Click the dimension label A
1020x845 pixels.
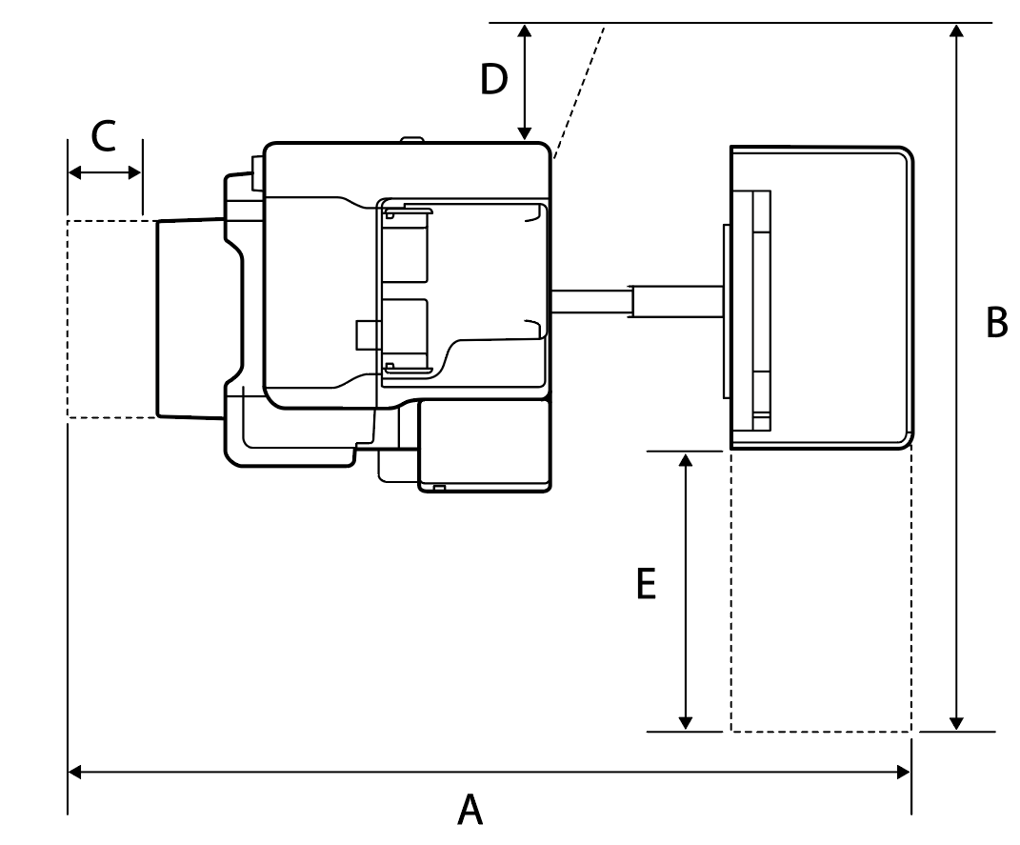click(470, 811)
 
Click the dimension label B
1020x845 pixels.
click(996, 323)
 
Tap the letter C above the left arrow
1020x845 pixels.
click(104, 137)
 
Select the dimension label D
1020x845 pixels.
click(493, 80)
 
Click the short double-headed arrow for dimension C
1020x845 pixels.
click(105, 172)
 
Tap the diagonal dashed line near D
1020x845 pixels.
click(579, 91)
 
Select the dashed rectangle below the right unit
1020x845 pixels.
click(821, 591)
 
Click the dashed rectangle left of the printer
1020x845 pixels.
click(110, 319)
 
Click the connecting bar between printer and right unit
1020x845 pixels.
click(636, 302)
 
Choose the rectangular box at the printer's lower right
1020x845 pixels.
click(486, 446)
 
